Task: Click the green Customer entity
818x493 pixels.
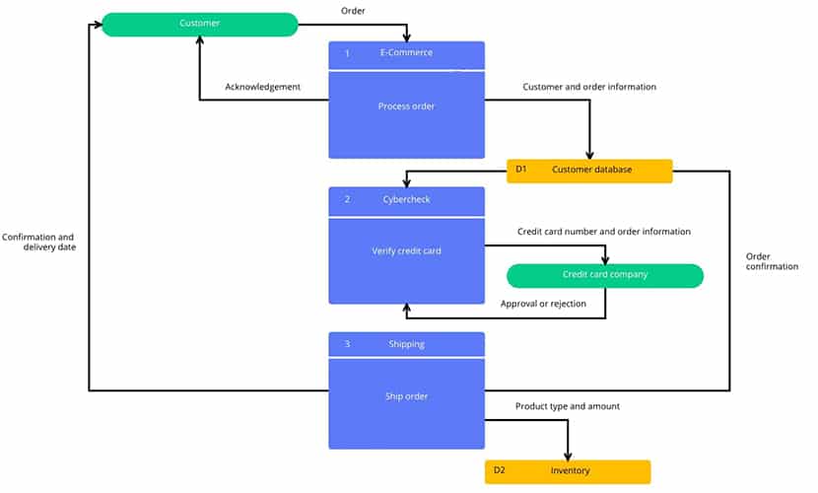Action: click(200, 25)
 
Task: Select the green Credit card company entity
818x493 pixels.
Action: click(605, 275)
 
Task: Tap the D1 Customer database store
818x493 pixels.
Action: click(589, 172)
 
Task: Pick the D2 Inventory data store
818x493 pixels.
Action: click(568, 471)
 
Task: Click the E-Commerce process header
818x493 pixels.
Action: click(406, 55)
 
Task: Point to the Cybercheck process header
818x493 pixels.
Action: click(406, 201)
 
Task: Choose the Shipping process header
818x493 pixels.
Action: click(406, 344)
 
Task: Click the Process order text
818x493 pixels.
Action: click(406, 106)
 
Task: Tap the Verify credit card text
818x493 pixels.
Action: click(406, 250)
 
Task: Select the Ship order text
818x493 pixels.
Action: click(406, 396)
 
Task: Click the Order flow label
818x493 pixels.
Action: click(353, 11)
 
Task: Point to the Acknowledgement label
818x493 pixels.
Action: click(262, 87)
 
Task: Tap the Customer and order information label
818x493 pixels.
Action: click(589, 87)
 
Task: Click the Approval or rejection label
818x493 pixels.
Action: click(543, 304)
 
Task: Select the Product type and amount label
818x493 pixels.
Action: click(568, 406)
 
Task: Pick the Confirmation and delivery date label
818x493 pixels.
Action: click(38, 243)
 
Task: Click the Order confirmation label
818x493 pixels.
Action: click(772, 261)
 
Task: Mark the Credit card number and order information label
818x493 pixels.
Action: click(604, 232)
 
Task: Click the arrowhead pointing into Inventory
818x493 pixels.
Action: click(568, 457)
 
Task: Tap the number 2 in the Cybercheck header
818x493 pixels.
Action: click(348, 199)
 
